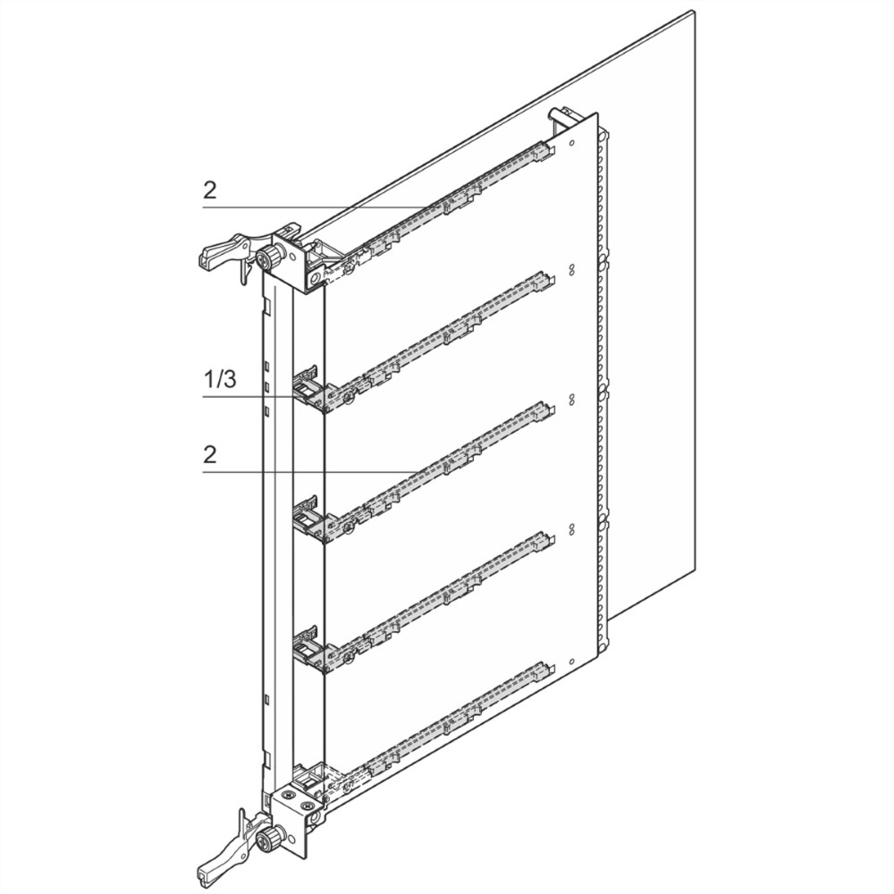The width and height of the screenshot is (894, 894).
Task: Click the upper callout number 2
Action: (x=210, y=190)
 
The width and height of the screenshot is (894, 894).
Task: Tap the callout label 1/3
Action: (x=220, y=378)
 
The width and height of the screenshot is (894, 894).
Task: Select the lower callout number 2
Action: (x=210, y=454)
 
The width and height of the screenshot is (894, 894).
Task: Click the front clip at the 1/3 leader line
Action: (x=308, y=390)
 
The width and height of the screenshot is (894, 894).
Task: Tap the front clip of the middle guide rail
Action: (x=308, y=519)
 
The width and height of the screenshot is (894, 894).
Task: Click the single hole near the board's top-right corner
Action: (x=572, y=142)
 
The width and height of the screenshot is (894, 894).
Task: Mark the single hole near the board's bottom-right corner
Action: (x=571, y=662)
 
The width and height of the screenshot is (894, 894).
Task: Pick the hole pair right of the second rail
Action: (x=571, y=270)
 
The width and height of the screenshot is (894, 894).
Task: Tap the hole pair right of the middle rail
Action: (x=571, y=399)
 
